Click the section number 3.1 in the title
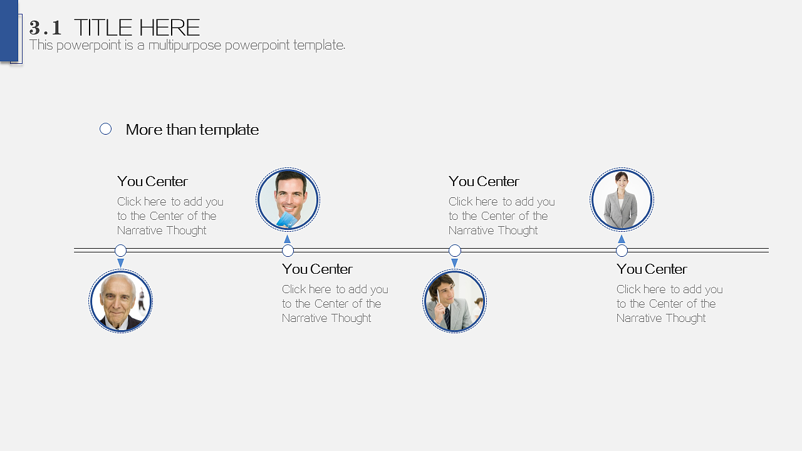coord(45,28)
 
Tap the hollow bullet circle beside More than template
coord(106,129)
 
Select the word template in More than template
coord(229,130)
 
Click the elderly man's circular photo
coord(121,301)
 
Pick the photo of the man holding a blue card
coord(288,199)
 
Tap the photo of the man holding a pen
coord(455,301)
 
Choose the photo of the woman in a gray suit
coord(622,199)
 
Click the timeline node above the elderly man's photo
coord(121,250)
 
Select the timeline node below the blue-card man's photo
coord(288,251)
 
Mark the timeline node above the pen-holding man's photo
coord(455,250)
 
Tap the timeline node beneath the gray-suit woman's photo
coord(622,251)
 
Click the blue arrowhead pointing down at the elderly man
coord(121,262)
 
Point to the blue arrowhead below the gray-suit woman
coord(622,239)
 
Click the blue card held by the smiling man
coord(287,220)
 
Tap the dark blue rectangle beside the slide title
coord(9,31)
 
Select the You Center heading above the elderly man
coord(152,182)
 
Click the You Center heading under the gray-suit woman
coord(652,269)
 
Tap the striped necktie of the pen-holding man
coord(447,318)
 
